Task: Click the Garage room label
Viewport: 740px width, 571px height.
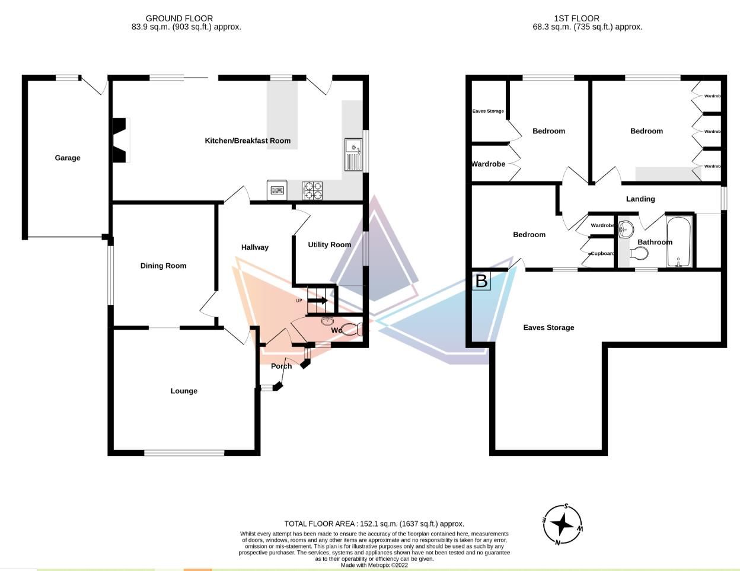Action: pos(68,158)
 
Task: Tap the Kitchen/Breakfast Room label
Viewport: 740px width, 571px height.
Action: pos(247,141)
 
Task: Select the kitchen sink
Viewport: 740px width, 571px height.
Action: pos(353,154)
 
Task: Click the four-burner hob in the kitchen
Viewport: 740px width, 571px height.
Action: pos(312,190)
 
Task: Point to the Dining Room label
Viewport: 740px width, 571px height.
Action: pos(163,266)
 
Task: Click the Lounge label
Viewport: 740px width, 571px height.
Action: pos(184,391)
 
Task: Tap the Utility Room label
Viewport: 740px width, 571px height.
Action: pos(329,244)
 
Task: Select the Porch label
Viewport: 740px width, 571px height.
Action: pos(281,366)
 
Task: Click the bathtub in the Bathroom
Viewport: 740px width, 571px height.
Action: pos(678,243)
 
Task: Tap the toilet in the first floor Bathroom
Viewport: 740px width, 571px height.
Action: pos(637,254)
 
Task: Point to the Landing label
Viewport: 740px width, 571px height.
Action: pos(640,199)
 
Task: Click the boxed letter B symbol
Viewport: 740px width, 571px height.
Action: pos(481,281)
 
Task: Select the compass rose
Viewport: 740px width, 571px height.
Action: pos(563,524)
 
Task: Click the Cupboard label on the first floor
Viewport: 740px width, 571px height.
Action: pos(602,254)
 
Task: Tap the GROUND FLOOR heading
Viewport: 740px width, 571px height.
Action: pos(179,18)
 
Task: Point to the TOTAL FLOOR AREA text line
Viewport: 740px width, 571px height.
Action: pos(374,524)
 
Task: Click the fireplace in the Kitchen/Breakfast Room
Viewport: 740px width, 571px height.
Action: pos(121,140)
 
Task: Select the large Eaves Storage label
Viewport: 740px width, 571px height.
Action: pos(548,327)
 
